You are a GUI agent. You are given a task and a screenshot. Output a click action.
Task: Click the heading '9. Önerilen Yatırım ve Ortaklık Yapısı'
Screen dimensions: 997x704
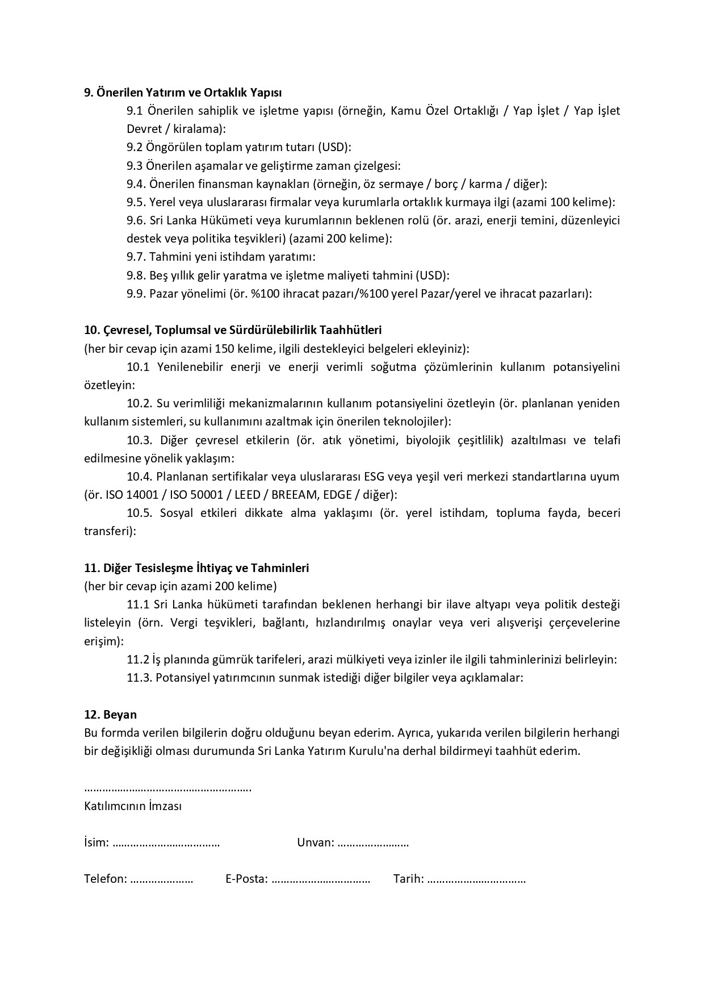[183, 92]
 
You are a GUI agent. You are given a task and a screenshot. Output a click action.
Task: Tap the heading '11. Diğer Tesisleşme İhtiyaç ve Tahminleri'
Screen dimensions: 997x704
[196, 568]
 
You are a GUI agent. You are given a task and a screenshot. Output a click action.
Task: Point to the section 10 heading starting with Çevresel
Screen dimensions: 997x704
[233, 329]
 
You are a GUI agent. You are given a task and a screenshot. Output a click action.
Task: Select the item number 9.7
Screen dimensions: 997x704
[136, 257]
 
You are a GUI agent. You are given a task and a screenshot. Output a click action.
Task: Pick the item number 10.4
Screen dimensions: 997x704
[140, 476]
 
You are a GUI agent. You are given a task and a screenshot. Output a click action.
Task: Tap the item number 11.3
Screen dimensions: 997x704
[140, 677]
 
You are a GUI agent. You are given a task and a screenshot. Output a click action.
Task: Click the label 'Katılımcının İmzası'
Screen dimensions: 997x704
[133, 806]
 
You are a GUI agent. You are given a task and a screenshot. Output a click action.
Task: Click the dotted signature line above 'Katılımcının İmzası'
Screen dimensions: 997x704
[167, 789]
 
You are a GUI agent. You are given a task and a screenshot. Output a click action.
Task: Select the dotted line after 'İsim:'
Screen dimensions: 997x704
[166, 843]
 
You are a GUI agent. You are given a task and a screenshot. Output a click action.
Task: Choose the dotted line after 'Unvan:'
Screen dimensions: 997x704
[372, 843]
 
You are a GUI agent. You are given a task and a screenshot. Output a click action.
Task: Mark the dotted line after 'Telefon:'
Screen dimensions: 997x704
[161, 879]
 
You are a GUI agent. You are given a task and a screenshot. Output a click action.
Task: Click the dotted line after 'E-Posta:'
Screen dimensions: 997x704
[321, 879]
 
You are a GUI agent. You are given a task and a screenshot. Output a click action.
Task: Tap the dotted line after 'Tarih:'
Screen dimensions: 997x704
[476, 879]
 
